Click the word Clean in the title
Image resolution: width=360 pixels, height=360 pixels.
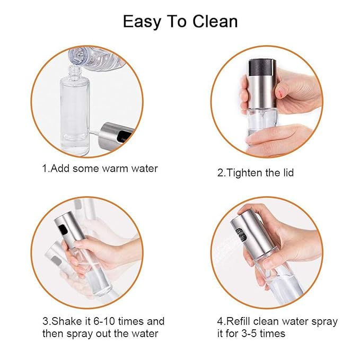[x=212, y=21]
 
